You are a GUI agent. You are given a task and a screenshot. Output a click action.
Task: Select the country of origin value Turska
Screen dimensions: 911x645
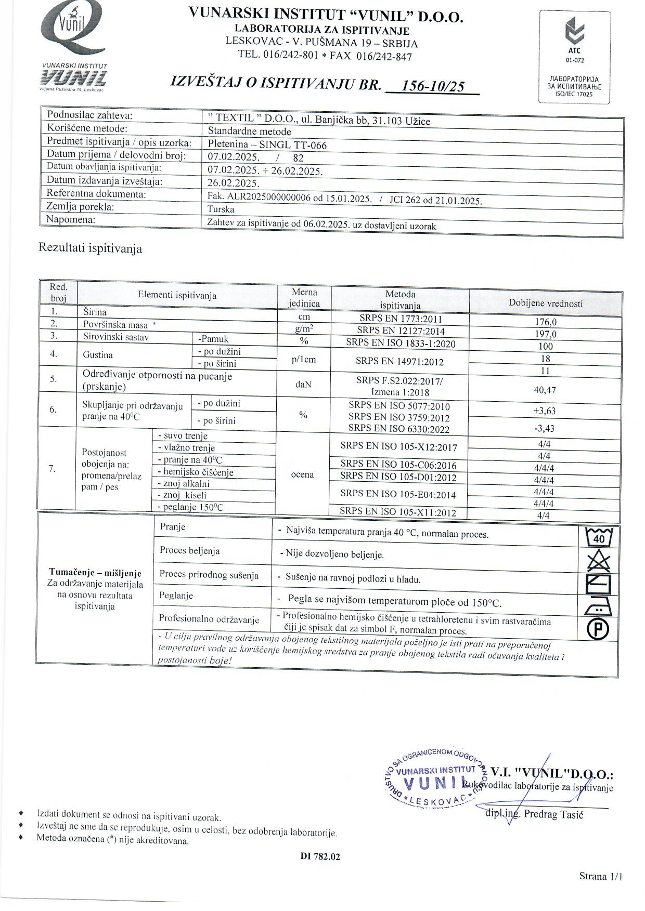click(x=221, y=209)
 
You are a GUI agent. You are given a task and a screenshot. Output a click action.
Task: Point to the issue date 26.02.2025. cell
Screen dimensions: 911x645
click(x=234, y=183)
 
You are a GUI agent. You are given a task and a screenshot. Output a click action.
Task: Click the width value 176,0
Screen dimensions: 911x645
click(x=546, y=322)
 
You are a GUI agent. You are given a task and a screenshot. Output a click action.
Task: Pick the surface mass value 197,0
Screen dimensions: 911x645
click(x=546, y=334)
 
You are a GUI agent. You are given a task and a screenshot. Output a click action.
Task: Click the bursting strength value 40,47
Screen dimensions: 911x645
click(x=545, y=390)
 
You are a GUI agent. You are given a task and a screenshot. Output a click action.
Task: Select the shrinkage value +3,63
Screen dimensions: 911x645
click(x=545, y=411)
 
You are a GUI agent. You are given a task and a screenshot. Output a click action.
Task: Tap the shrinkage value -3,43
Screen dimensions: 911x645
click(x=545, y=429)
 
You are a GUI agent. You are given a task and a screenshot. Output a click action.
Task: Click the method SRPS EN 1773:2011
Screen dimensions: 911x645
click(x=401, y=319)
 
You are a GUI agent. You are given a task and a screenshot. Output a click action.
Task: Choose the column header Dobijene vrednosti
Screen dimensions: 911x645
click(x=546, y=303)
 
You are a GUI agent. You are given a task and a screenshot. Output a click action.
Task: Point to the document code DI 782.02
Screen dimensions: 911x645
click(x=320, y=857)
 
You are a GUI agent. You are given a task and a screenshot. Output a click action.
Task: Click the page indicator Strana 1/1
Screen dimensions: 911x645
click(x=601, y=877)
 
